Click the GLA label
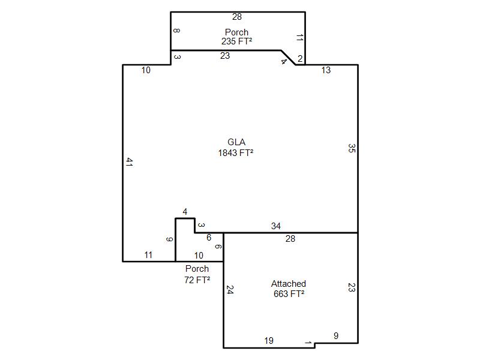click(236, 142)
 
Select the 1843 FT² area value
click(236, 152)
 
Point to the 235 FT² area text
click(236, 41)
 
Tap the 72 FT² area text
click(197, 280)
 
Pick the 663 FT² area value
click(289, 293)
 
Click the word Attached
click(289, 283)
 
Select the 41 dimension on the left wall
click(129, 162)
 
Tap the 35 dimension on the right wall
click(352, 148)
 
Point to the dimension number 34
click(276, 226)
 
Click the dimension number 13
click(326, 70)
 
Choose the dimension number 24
click(230, 290)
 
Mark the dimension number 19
click(269, 340)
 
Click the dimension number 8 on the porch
click(176, 31)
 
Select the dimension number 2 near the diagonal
click(300, 58)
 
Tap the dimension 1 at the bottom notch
click(308, 343)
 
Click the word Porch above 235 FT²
click(236, 32)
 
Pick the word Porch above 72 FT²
click(197, 268)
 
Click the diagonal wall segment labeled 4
click(289, 57)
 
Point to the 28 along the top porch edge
click(237, 17)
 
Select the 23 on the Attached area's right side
click(352, 287)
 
